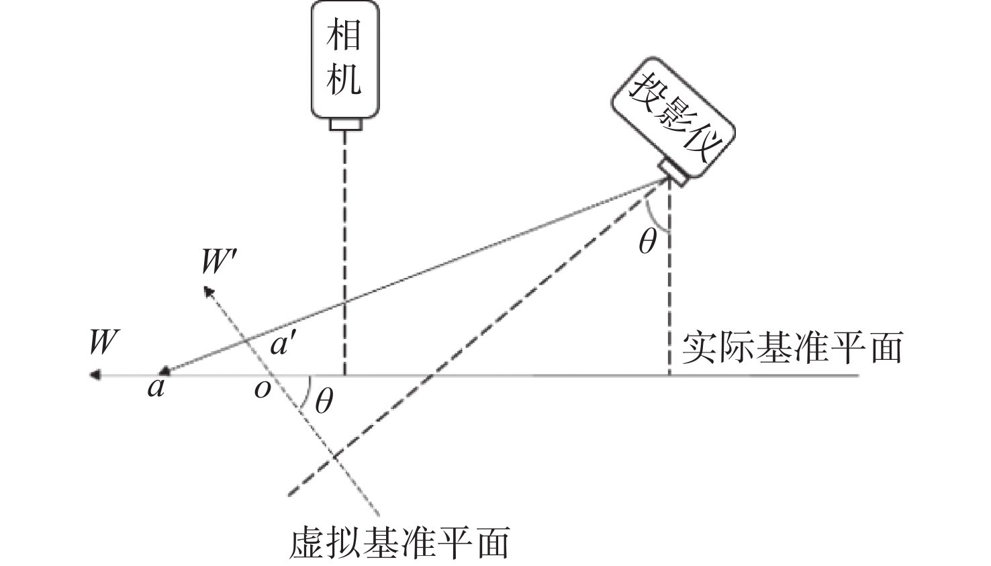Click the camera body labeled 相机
click(x=345, y=59)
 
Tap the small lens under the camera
click(x=345, y=124)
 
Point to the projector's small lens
click(x=673, y=173)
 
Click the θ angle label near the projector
click(x=647, y=241)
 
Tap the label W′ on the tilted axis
click(x=218, y=263)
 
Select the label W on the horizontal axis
click(x=103, y=342)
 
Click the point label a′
click(x=282, y=345)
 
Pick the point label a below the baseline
click(x=156, y=388)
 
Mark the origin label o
click(x=262, y=389)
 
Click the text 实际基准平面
click(x=792, y=348)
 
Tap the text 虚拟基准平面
click(x=399, y=543)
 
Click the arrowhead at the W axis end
click(x=96, y=375)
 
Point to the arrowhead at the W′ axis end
click(x=209, y=290)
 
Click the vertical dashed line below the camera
click(x=345, y=255)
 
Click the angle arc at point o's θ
click(x=307, y=393)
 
